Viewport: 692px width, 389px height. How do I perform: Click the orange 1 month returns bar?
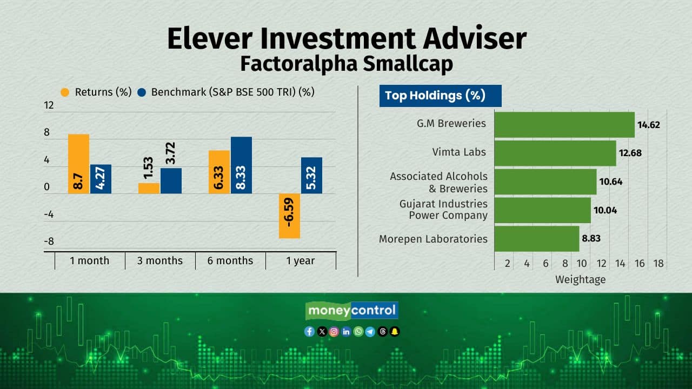pyautogui.click(x=79, y=164)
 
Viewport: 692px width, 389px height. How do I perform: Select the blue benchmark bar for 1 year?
pyautogui.click(x=312, y=176)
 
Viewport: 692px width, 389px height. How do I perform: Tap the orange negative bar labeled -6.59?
pyautogui.click(x=289, y=216)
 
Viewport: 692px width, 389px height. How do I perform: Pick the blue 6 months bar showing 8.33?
pyautogui.click(x=241, y=165)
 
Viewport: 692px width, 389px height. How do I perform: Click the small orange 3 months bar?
pyautogui.click(x=149, y=189)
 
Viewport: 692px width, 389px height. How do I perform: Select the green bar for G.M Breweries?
pyautogui.click(x=565, y=125)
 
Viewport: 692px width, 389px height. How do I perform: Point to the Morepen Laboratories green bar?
pyautogui.click(x=537, y=239)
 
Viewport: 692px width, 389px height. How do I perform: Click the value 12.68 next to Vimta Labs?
pyautogui.click(x=630, y=153)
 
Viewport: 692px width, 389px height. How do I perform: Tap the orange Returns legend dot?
pyautogui.click(x=65, y=92)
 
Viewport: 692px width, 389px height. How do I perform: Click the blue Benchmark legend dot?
pyautogui.click(x=142, y=92)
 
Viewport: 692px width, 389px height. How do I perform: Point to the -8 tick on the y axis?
pyautogui.click(x=49, y=241)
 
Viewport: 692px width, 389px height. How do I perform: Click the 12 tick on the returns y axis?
pyautogui.click(x=49, y=105)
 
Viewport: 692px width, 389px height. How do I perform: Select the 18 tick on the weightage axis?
pyautogui.click(x=658, y=263)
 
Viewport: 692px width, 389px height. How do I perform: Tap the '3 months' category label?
pyautogui.click(x=160, y=260)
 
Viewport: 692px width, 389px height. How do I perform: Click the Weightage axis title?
pyautogui.click(x=581, y=280)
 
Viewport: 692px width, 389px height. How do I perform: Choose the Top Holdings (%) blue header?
pyautogui.click(x=441, y=96)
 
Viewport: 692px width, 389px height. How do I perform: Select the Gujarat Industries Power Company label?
pyautogui.click(x=444, y=209)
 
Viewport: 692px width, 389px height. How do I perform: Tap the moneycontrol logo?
pyautogui.click(x=352, y=310)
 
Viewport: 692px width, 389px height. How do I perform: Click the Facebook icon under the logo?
pyautogui.click(x=309, y=332)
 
